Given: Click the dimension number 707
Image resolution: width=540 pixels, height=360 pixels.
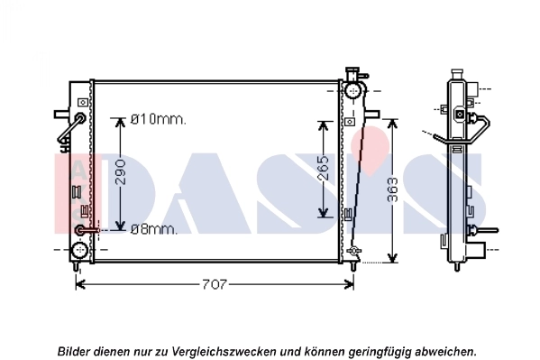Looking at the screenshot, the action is pos(214,284).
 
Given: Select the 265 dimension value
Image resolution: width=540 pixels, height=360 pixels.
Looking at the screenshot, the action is pos(323,168).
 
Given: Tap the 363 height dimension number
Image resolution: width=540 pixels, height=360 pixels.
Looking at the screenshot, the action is pos(391,191).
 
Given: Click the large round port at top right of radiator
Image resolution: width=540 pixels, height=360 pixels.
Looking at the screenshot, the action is pos(352,90).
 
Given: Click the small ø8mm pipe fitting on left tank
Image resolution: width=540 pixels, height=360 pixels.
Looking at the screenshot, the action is pos(83,229).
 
